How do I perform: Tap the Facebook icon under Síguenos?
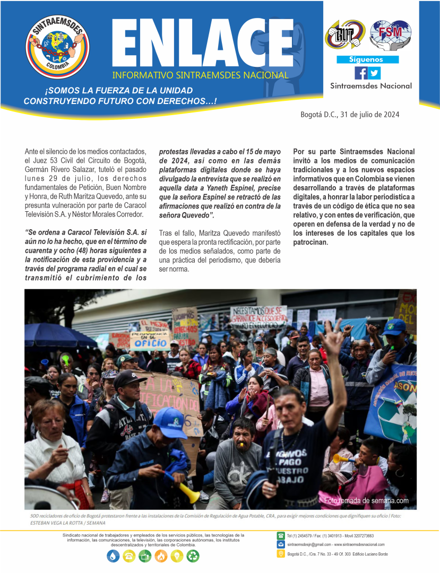[361, 73]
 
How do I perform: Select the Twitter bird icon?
[374, 73]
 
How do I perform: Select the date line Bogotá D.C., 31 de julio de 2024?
[350, 115]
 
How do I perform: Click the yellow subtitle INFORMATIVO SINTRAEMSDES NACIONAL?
[201, 75]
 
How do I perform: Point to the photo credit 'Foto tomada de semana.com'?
[366, 500]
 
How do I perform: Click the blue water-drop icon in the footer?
[113, 556]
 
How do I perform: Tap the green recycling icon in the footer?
[193, 556]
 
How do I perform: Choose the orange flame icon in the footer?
[161, 556]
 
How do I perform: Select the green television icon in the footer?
[145, 556]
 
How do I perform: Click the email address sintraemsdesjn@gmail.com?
[308, 545]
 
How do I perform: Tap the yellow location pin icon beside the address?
[281, 554]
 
